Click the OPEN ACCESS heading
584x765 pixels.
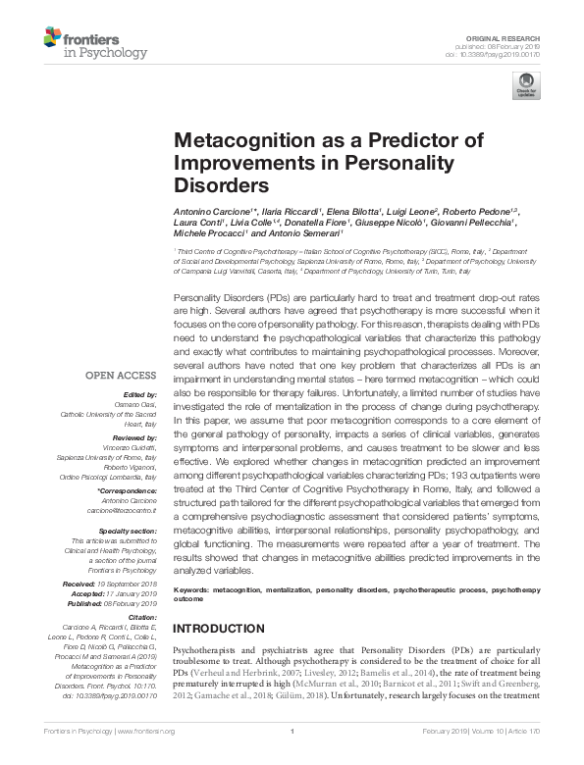[x=120, y=376]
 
